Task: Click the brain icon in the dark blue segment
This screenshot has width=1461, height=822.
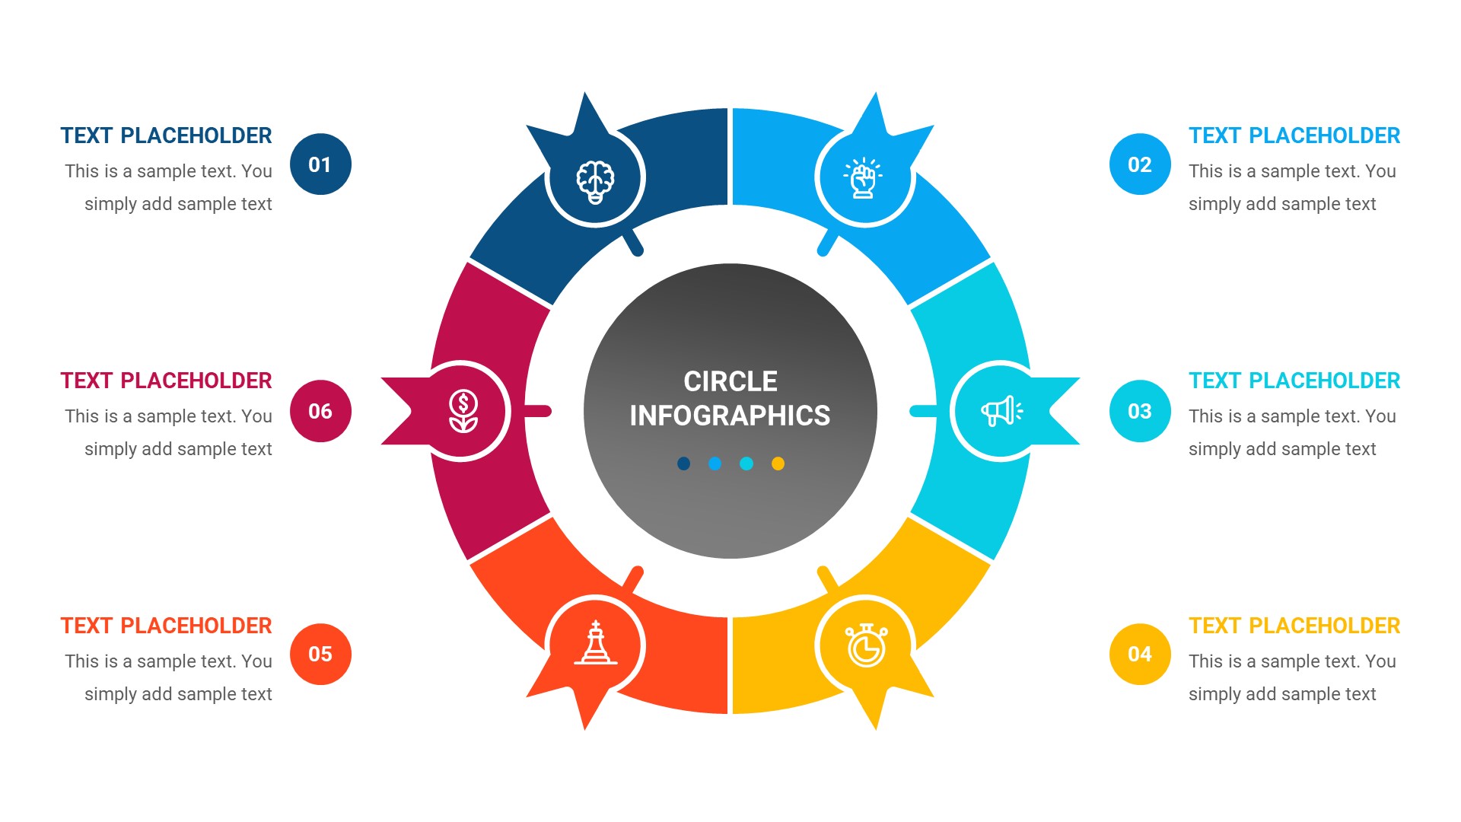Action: click(x=595, y=181)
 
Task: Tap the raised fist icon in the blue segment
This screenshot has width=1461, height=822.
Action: click(x=863, y=178)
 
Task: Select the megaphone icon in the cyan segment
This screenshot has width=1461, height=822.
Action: click(x=1001, y=411)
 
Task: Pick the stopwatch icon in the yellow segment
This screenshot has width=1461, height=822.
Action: click(x=866, y=645)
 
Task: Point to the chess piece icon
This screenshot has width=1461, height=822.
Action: click(x=596, y=644)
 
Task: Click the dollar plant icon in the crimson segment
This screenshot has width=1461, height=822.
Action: click(x=463, y=411)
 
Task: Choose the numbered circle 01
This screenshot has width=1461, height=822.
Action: click(x=320, y=164)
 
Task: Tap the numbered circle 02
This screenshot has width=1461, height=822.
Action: click(x=1139, y=164)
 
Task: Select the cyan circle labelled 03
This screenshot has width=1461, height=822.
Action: click(x=1139, y=411)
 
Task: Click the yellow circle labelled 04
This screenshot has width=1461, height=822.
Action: click(x=1139, y=654)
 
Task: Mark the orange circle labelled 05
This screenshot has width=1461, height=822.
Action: click(x=320, y=654)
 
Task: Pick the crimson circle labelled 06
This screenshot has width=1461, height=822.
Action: click(x=320, y=411)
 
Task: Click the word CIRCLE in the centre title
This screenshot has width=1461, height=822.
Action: click(x=730, y=381)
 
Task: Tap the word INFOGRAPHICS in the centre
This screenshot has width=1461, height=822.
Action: click(x=730, y=416)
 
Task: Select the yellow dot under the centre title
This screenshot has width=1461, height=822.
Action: click(x=778, y=464)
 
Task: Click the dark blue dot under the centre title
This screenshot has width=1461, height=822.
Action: click(x=683, y=464)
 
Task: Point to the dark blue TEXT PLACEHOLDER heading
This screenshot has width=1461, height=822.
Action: click(x=166, y=135)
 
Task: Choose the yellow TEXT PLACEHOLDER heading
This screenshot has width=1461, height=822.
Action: click(x=1294, y=626)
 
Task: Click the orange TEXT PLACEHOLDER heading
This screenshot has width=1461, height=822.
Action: click(x=166, y=626)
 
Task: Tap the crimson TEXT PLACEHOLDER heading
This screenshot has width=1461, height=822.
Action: click(x=166, y=381)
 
